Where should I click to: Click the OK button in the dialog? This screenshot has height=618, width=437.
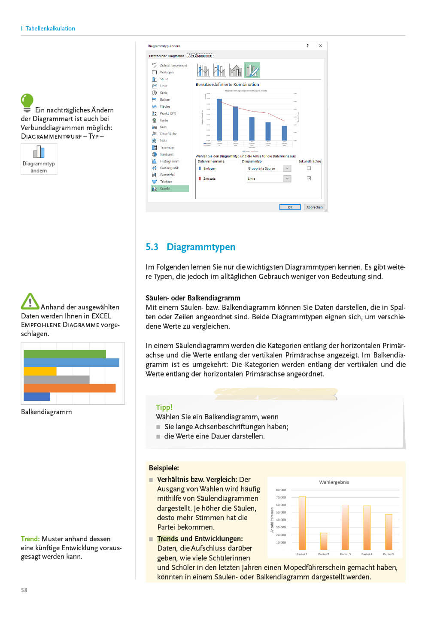[290, 207]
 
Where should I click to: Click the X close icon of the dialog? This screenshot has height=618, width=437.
[320, 46]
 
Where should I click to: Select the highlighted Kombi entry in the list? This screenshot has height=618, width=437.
[170, 188]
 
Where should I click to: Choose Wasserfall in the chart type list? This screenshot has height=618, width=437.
[167, 175]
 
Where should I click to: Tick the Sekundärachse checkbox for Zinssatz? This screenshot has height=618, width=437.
[309, 179]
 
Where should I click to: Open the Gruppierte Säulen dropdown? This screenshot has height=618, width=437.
[287, 168]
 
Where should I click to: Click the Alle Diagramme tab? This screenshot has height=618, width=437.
[200, 56]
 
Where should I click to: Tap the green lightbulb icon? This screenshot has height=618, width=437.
[27, 102]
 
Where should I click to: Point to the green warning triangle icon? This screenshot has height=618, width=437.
[30, 301]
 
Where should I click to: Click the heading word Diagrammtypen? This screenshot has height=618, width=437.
[200, 247]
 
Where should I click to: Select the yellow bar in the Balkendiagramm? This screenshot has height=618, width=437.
[40, 371]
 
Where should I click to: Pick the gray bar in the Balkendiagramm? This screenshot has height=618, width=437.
[56, 380]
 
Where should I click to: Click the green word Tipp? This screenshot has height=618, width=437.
[164, 407]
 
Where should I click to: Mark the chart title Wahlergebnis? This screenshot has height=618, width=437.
[334, 482]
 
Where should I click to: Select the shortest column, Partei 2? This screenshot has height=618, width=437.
[324, 541]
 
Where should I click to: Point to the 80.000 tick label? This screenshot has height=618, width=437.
[281, 490]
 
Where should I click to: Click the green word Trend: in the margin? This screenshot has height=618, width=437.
[30, 539]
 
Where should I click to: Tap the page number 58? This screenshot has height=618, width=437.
[24, 590]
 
